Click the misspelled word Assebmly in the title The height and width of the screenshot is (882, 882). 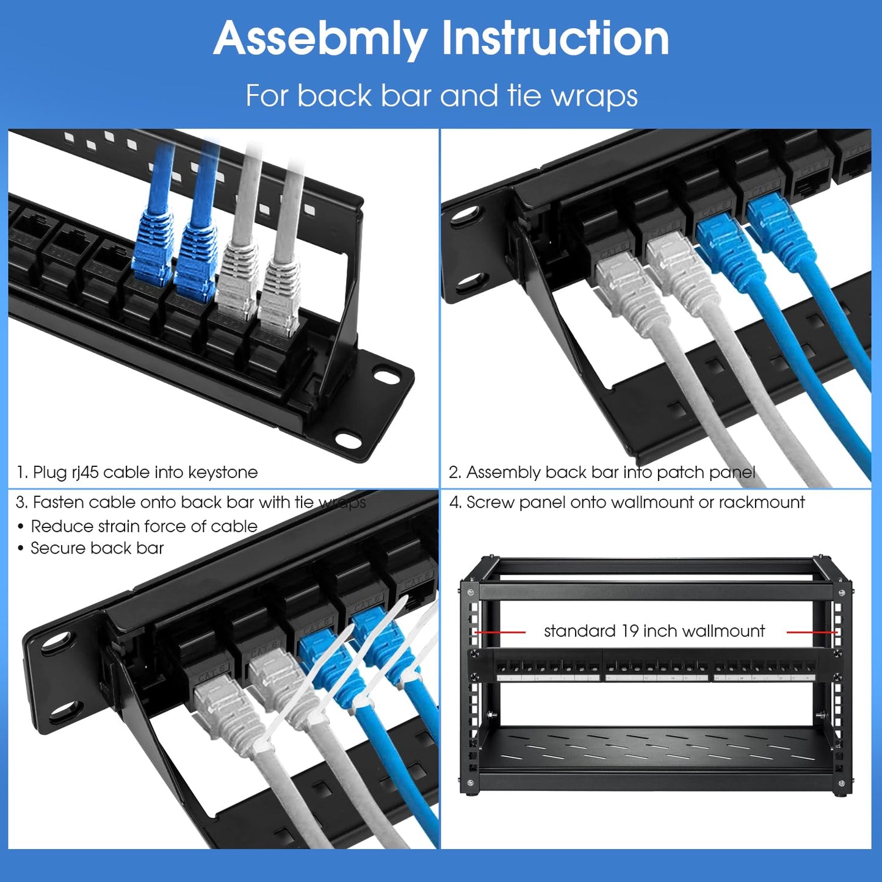click(x=320, y=39)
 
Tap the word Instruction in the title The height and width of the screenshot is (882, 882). click(x=555, y=38)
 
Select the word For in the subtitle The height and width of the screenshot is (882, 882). click(x=266, y=96)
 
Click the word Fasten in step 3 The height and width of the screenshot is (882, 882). click(x=59, y=502)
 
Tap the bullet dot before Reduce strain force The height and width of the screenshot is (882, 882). click(x=21, y=527)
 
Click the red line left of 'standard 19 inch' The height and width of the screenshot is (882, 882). click(x=501, y=632)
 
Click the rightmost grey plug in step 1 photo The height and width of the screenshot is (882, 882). click(x=280, y=290)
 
